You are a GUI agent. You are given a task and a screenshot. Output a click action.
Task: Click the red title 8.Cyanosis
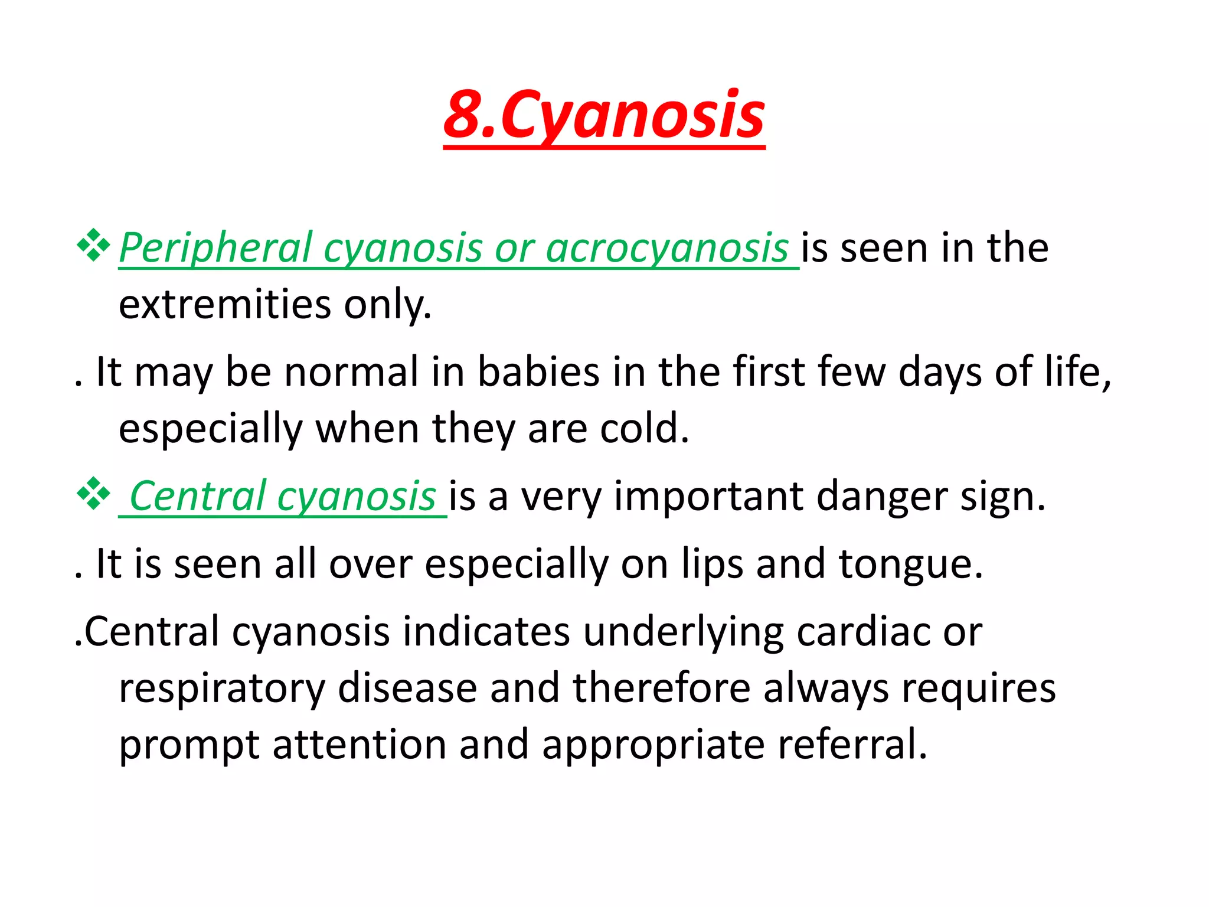coord(604,115)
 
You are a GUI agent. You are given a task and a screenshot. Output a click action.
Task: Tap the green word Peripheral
coord(215,248)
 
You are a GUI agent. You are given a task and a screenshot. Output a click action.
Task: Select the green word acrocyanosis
coord(667,248)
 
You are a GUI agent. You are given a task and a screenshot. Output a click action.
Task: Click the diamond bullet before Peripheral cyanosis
coord(93,245)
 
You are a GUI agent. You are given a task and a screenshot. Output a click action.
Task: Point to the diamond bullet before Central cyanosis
coord(93,494)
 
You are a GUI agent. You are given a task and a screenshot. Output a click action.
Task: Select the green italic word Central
coord(197,496)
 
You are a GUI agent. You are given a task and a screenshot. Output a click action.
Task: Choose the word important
coord(708,496)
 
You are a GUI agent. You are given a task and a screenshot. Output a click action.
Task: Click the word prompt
coord(189,745)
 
